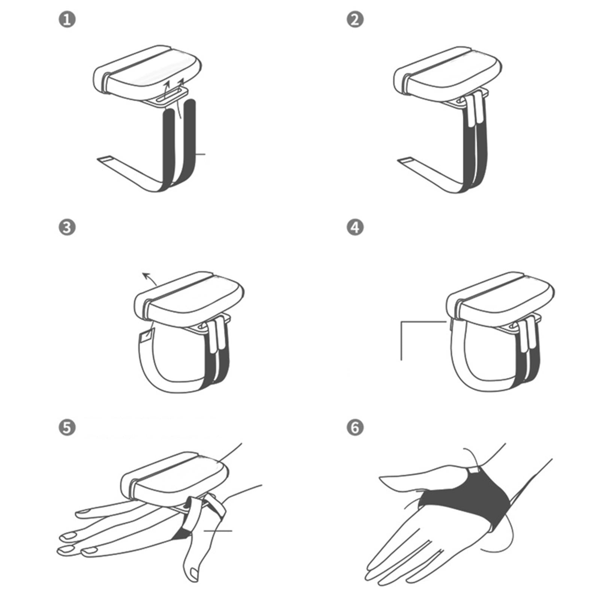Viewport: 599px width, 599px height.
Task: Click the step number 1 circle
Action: (67, 19)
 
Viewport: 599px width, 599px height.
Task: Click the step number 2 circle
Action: (355, 19)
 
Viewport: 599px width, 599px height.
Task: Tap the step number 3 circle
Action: (67, 227)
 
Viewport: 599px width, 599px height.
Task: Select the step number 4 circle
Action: (355, 227)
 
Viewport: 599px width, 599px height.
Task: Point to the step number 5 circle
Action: (67, 428)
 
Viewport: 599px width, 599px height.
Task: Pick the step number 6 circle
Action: (355, 428)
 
